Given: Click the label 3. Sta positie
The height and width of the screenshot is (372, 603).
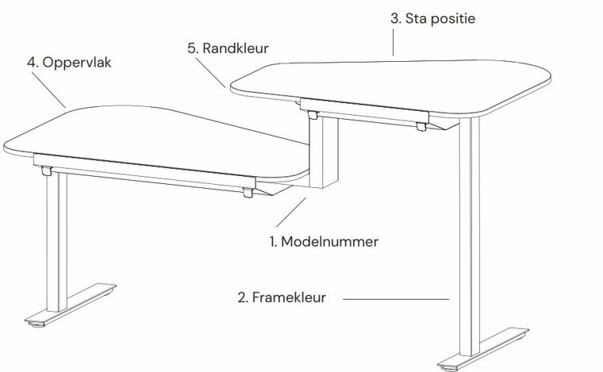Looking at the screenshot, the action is (x=432, y=18).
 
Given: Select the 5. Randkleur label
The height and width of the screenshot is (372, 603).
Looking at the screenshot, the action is (x=228, y=48).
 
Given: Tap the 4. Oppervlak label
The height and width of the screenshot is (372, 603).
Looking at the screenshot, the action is (x=69, y=63).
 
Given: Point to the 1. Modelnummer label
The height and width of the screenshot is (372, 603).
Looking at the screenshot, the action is (x=324, y=242).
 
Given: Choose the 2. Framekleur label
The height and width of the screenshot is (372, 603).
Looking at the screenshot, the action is (x=282, y=297).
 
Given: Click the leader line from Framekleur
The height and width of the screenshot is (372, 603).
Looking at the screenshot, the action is (x=396, y=299).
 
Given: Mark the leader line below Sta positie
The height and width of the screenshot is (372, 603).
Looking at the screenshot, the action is (x=393, y=42).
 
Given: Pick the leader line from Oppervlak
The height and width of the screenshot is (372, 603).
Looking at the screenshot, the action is (x=48, y=90).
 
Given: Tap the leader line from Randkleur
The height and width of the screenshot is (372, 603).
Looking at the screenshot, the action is (x=210, y=73).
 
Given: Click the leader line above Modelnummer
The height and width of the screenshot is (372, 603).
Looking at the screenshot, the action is (x=290, y=212).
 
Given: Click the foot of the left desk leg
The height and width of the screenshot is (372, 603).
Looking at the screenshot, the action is (x=71, y=305).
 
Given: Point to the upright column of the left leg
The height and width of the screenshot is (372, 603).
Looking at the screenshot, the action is (x=57, y=242).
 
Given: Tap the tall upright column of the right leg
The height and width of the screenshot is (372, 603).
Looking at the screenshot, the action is (x=470, y=236).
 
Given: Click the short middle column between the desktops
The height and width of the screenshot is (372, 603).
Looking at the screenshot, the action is (x=324, y=151).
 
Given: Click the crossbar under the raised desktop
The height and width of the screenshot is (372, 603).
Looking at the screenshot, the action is (x=364, y=110).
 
